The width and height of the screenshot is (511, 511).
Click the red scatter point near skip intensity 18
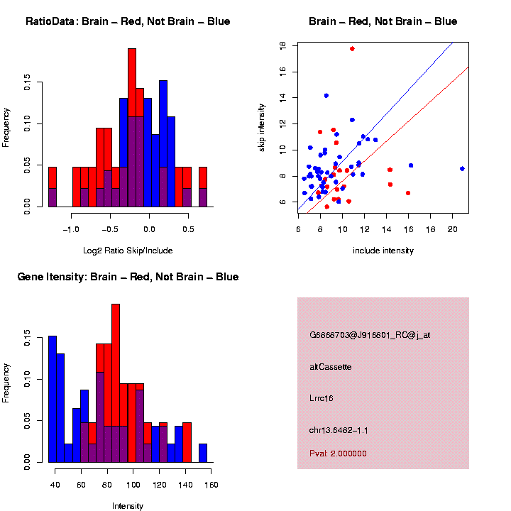[x=352, y=48]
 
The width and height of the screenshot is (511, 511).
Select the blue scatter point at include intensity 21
[x=462, y=168]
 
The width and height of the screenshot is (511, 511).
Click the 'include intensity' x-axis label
[x=383, y=251]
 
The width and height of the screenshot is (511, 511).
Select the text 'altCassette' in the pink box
[x=330, y=367]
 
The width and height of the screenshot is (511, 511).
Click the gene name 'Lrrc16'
[x=322, y=398]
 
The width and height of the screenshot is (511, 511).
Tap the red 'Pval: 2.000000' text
[x=338, y=454]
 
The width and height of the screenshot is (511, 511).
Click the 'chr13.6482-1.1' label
[x=339, y=430]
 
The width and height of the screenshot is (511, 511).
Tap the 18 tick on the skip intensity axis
[x=282, y=45]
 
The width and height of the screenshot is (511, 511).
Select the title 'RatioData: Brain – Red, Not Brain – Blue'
[x=128, y=21]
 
